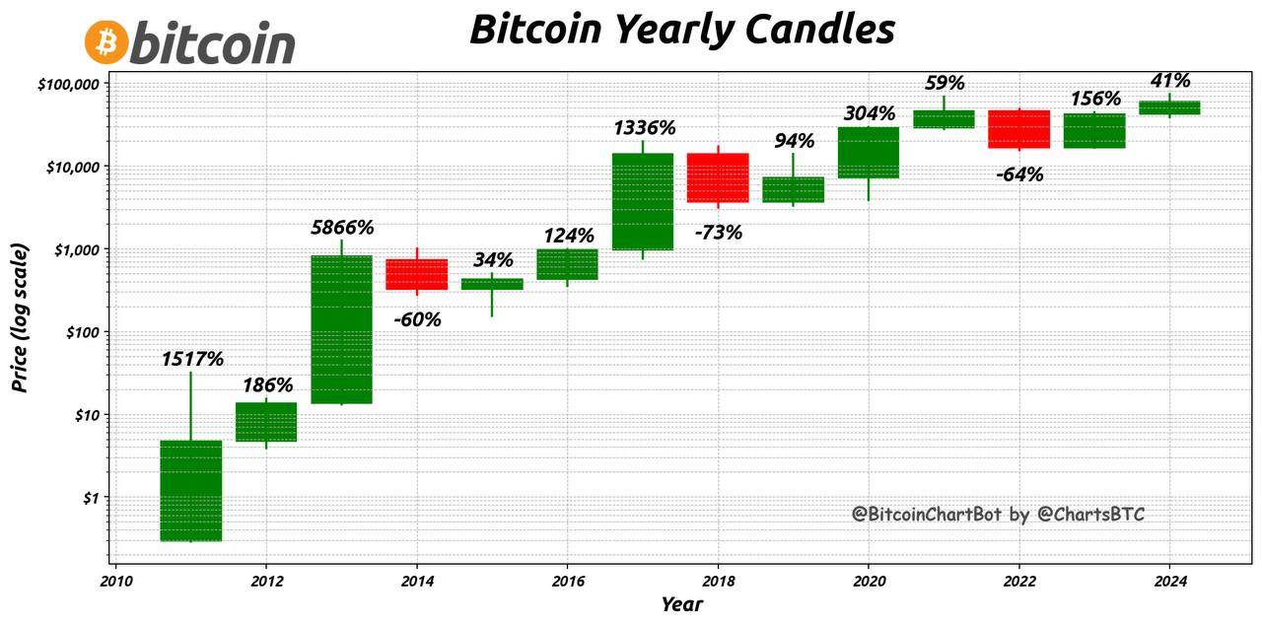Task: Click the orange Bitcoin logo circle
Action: click(x=105, y=42)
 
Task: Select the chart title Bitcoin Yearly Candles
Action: click(x=681, y=30)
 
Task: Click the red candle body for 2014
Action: click(x=417, y=274)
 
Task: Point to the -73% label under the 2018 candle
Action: click(x=718, y=233)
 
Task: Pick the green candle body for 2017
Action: click(x=643, y=201)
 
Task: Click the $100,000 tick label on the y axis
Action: click(x=68, y=85)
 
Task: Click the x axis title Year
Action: click(x=681, y=604)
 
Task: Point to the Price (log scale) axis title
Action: click(x=21, y=317)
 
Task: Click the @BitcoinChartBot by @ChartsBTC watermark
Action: click(x=998, y=514)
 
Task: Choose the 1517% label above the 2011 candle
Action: click(x=192, y=360)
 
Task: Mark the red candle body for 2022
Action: click(x=1018, y=129)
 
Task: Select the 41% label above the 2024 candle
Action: click(x=1170, y=81)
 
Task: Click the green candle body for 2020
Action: click(x=869, y=152)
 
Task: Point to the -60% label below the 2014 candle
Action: click(x=417, y=319)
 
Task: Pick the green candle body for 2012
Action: click(x=266, y=422)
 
